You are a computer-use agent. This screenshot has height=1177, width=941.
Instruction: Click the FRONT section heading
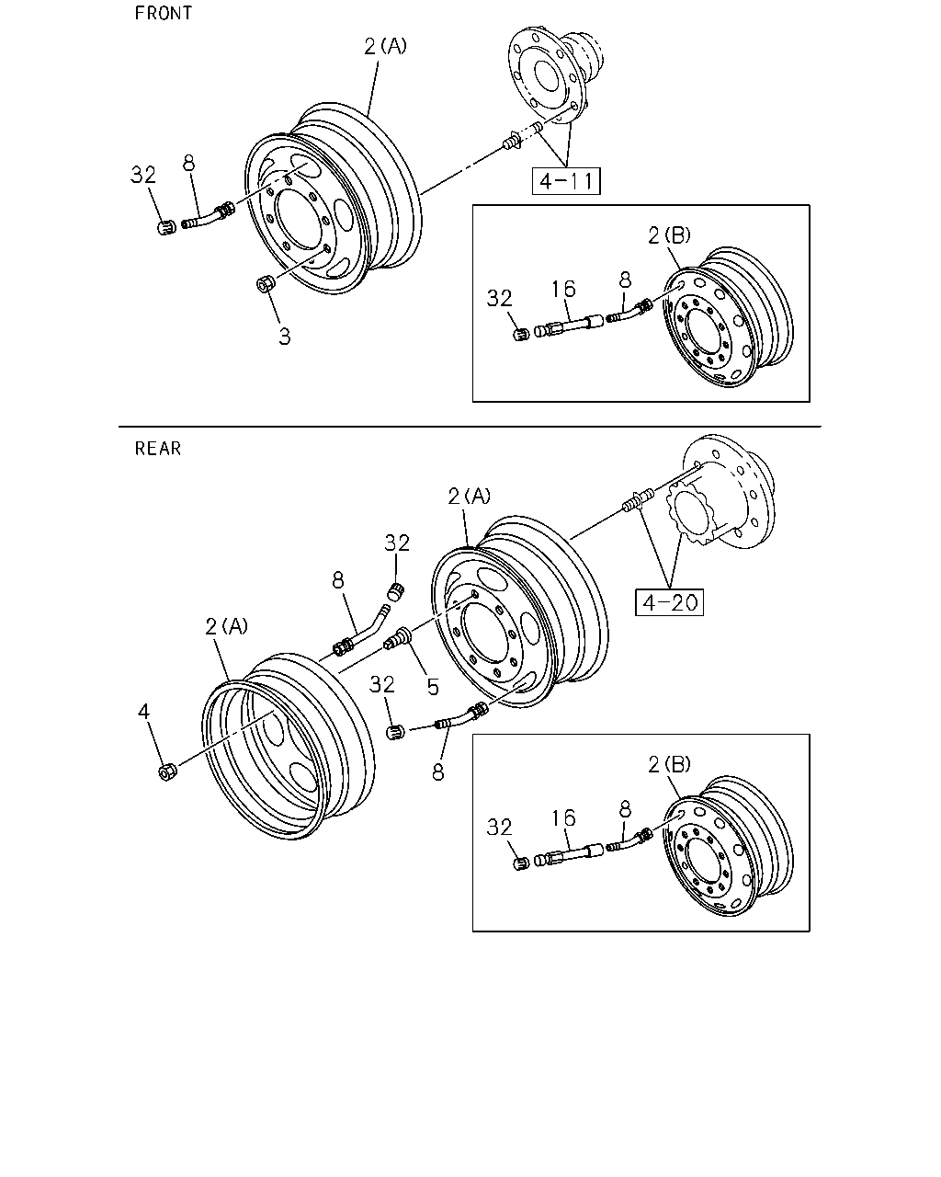[x=163, y=13]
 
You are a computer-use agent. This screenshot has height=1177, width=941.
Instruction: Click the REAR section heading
[x=157, y=449]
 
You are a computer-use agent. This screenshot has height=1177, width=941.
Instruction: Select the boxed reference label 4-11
[x=566, y=181]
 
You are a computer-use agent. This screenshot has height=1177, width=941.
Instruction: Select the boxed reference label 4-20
[x=669, y=602]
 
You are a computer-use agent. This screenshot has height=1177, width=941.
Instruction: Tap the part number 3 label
[x=284, y=337]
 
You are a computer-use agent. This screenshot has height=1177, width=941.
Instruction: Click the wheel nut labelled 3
[x=265, y=284]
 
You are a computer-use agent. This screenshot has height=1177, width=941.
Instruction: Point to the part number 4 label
[x=143, y=712]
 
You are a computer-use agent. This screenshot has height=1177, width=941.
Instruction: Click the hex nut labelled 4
[x=166, y=772]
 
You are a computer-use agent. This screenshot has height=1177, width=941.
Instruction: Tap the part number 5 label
[x=433, y=687]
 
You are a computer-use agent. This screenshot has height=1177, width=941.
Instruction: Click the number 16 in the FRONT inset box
[x=563, y=289]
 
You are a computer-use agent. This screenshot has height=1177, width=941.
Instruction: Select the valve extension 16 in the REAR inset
[x=569, y=855]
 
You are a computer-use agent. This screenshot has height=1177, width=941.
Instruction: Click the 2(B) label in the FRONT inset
[x=669, y=235]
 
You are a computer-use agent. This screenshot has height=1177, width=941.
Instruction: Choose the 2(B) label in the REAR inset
[x=669, y=764]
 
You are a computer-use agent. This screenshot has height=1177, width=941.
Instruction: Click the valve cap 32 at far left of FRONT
[x=166, y=227]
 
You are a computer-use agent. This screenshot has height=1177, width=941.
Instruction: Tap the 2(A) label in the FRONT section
[x=385, y=47]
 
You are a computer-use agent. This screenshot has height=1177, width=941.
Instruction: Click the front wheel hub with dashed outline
[x=556, y=71]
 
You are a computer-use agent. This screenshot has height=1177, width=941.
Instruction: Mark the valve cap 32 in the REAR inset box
[x=522, y=863]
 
